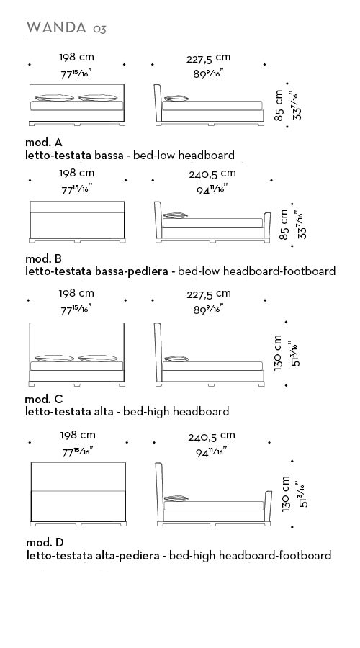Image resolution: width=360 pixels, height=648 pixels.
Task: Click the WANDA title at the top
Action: [x=56, y=27]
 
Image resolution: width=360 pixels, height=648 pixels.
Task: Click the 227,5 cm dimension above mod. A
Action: [x=208, y=58]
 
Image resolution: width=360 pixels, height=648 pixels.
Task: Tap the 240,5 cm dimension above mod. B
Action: [x=212, y=174]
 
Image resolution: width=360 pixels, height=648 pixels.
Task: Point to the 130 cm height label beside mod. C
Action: [x=278, y=353]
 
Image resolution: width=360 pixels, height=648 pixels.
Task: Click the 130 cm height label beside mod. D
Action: [x=286, y=494]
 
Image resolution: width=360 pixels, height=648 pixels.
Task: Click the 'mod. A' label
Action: [x=44, y=143]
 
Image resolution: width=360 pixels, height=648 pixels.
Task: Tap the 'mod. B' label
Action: [x=44, y=258]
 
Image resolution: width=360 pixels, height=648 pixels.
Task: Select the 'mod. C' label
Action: [x=44, y=399]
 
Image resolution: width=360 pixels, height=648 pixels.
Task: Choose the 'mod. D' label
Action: [x=45, y=543]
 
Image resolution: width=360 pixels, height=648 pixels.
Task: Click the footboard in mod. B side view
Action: [x=266, y=225]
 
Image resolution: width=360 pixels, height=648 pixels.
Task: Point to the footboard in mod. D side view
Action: [x=268, y=506]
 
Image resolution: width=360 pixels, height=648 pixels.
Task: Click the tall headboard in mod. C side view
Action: [x=158, y=352]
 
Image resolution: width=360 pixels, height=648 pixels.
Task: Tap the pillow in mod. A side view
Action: [x=176, y=99]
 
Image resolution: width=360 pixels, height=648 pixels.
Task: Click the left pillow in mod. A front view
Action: [x=55, y=98]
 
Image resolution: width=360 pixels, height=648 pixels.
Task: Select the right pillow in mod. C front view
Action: [x=98, y=358]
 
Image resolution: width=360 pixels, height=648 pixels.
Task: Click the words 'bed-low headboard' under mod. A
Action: [x=184, y=156]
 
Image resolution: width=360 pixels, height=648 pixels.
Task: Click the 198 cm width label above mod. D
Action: [x=78, y=435]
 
